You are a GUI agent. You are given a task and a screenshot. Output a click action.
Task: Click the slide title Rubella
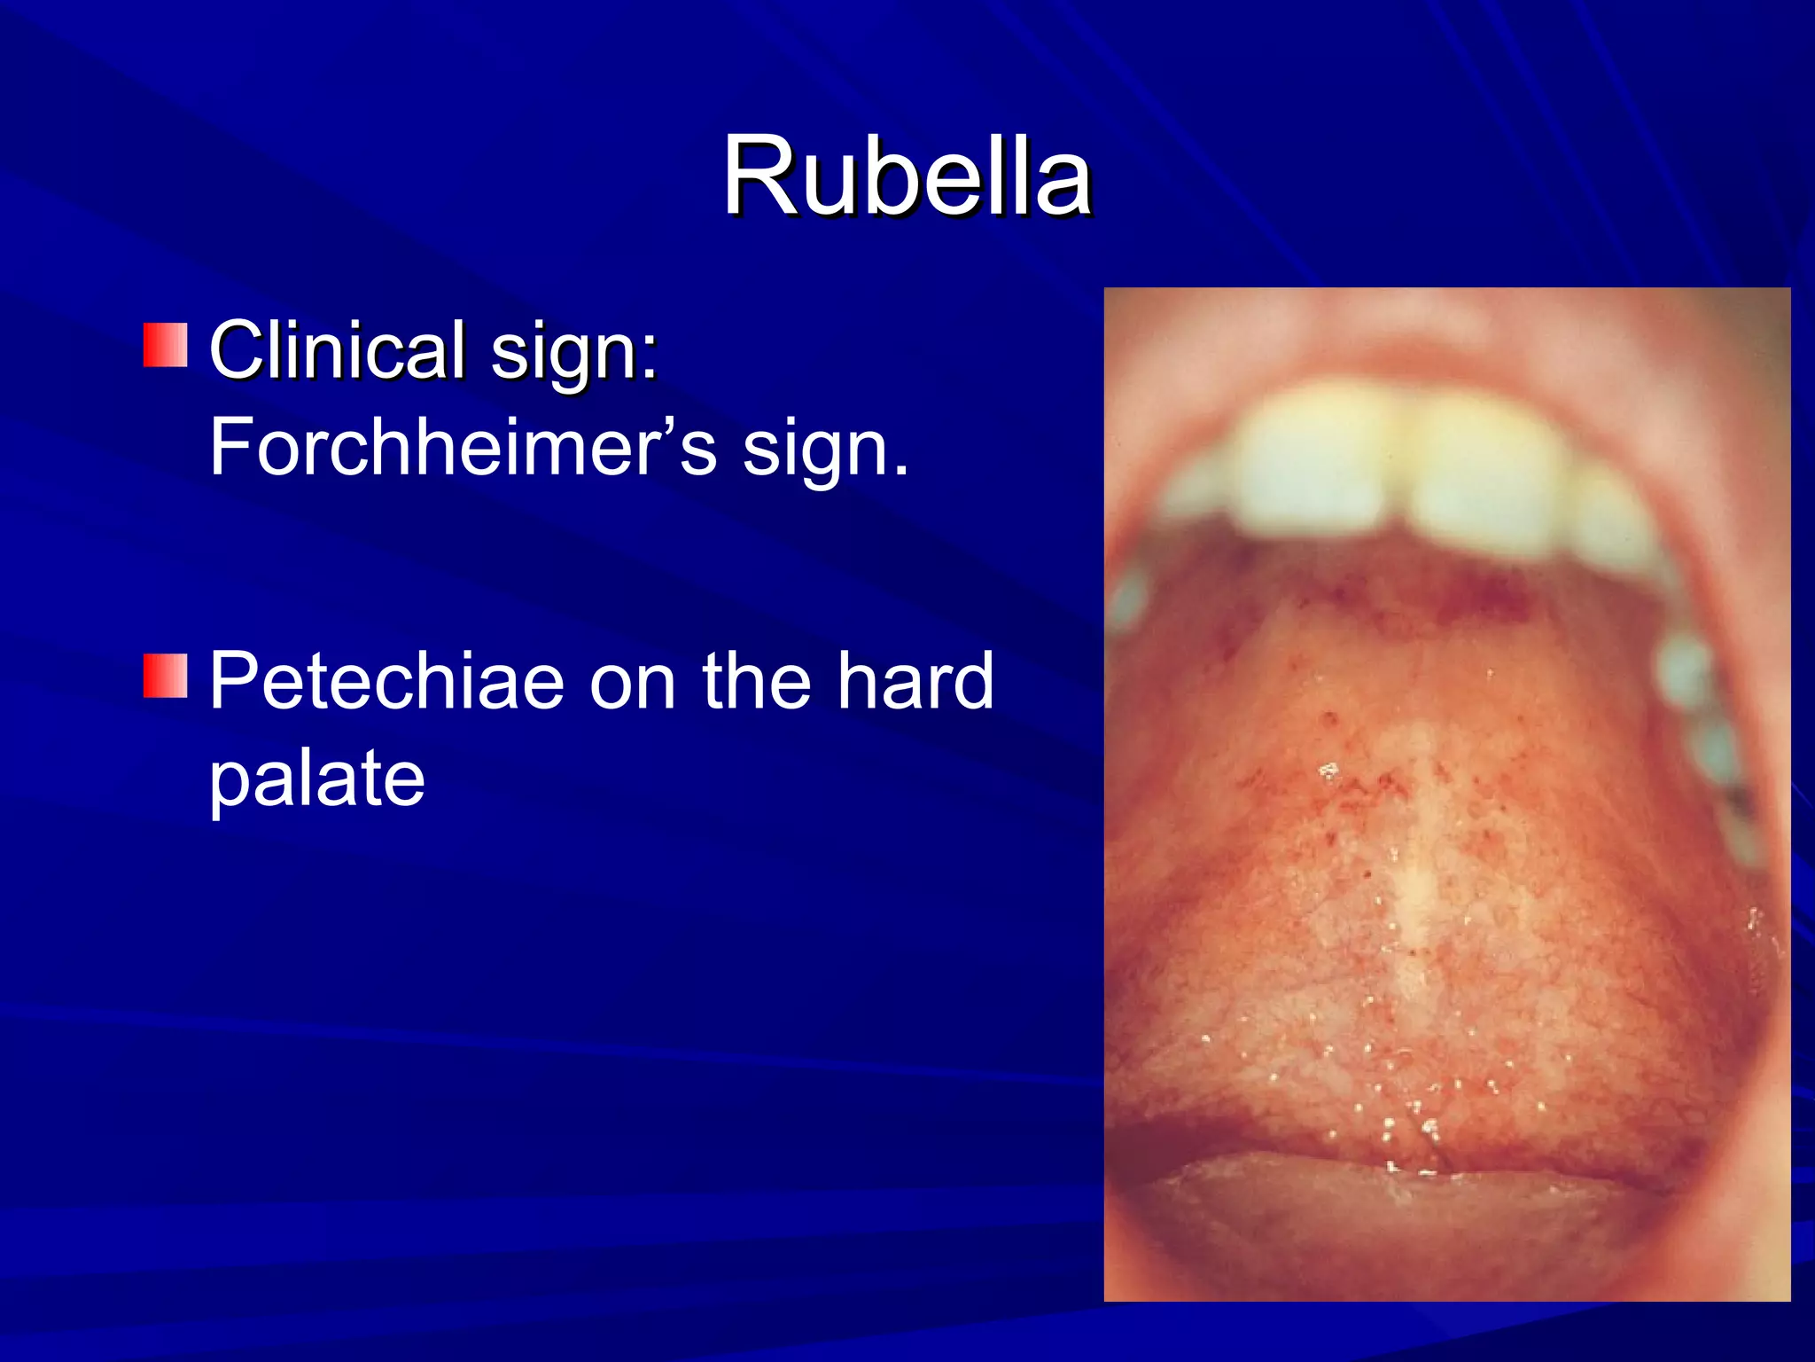click(907, 177)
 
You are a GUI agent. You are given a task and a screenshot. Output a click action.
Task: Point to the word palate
click(317, 779)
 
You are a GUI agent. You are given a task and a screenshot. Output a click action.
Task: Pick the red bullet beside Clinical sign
click(166, 346)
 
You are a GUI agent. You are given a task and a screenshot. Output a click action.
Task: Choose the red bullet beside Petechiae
click(166, 677)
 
